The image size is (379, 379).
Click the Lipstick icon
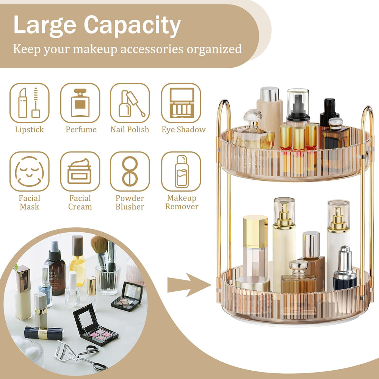coord(30,103)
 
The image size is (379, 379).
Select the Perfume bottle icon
coord(80,103)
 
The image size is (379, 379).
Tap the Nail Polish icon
coord(130,103)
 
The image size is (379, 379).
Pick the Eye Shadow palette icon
coord(181,103)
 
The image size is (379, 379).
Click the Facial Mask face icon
coord(30,171)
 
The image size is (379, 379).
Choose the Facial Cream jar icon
coord(80,171)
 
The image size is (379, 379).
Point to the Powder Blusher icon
coord(130,171)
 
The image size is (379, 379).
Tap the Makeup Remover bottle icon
coord(181,171)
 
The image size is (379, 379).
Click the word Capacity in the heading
coord(132,25)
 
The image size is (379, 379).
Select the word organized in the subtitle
coord(214,49)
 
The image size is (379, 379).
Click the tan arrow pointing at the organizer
coord(189,285)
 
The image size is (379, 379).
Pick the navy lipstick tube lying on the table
coord(44,333)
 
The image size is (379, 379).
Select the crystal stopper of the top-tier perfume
coord(253,115)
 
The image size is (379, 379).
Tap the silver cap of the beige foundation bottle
coord(269,94)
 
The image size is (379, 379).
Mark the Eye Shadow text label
coord(183,130)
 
